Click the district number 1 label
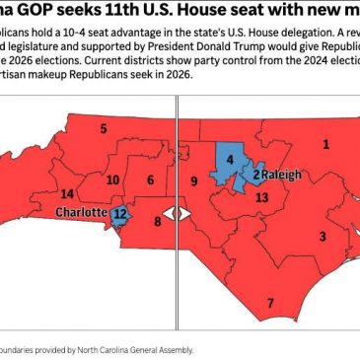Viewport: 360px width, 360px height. click(x=325, y=145)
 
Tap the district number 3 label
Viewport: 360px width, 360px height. click(x=322, y=236)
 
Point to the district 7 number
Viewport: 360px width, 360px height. click(x=270, y=302)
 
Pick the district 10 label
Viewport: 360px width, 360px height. click(x=113, y=180)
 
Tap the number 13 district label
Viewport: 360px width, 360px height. click(x=260, y=197)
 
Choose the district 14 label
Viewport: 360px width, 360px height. click(x=66, y=194)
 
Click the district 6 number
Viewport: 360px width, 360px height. click(x=151, y=180)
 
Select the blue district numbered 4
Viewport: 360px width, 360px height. click(x=230, y=159)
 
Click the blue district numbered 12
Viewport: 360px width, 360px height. click(x=120, y=213)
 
